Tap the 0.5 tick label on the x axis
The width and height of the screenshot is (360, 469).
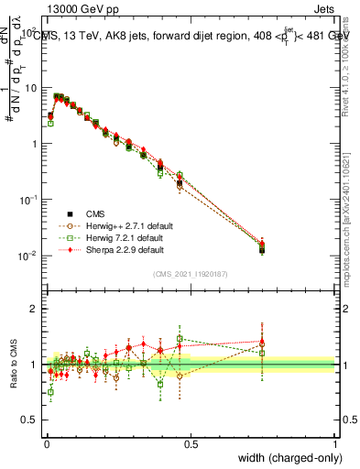click(191, 443)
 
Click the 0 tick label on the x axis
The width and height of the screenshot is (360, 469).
click(46, 443)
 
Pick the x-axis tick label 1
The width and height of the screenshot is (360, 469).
click(335, 443)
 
